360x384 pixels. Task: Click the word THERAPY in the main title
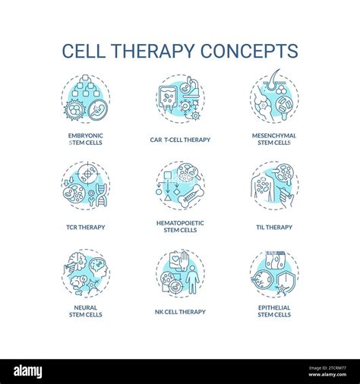pyautogui.click(x=152, y=51)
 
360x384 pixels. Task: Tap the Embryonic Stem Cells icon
pyautogui.click(x=86, y=99)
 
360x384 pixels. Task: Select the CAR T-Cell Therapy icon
pyautogui.click(x=180, y=99)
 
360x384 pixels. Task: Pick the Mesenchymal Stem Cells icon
pyautogui.click(x=274, y=99)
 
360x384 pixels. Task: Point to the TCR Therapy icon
pyautogui.click(x=86, y=186)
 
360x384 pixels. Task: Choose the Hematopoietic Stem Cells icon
pyautogui.click(x=180, y=186)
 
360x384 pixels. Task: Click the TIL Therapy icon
pyautogui.click(x=274, y=186)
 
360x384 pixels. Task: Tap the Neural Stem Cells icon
pyautogui.click(x=86, y=272)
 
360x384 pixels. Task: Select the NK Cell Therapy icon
pyautogui.click(x=180, y=272)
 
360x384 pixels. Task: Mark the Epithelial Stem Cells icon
pyautogui.click(x=274, y=272)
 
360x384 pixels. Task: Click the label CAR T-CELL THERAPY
pyautogui.click(x=180, y=140)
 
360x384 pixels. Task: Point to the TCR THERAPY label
pyautogui.click(x=86, y=226)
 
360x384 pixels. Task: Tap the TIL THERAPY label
pyautogui.click(x=274, y=226)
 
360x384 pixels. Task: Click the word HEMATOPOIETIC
pyautogui.click(x=180, y=222)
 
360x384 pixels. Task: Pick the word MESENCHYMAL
pyautogui.click(x=274, y=136)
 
